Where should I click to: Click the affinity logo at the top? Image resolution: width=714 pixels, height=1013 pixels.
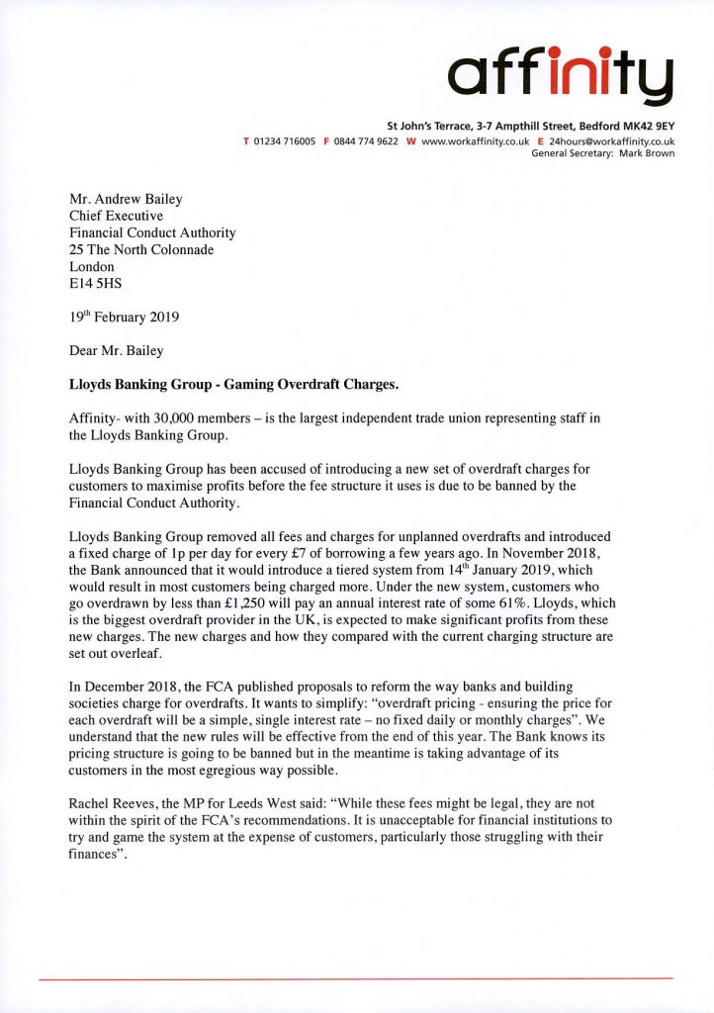click(561, 71)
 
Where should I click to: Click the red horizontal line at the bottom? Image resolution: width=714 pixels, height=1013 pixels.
click(356, 979)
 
